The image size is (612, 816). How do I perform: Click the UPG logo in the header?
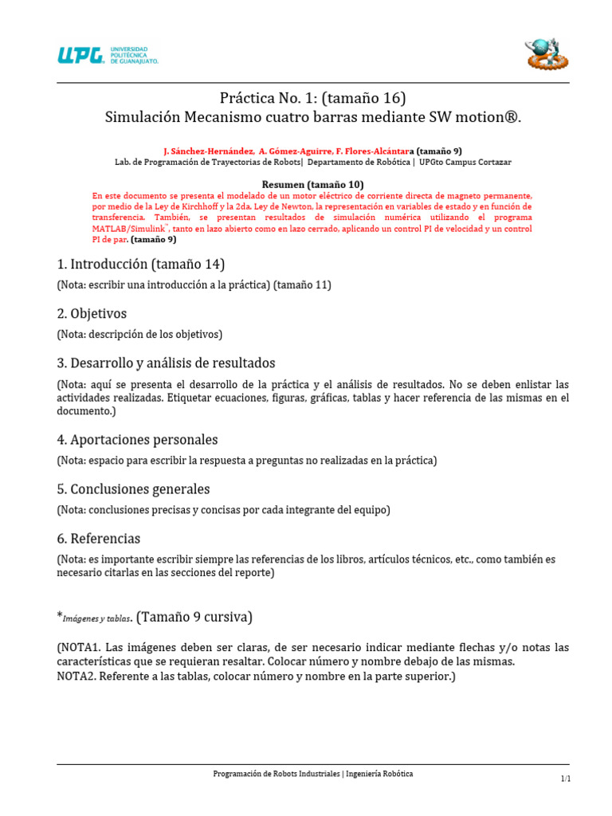[107, 55]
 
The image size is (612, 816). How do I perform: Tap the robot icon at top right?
[547, 53]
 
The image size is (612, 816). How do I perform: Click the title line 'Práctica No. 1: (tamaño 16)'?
[312, 98]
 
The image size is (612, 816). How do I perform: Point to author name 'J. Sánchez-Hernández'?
[209, 151]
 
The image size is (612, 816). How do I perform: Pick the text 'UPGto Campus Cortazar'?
[466, 162]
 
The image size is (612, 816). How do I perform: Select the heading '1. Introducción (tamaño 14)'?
[141, 264]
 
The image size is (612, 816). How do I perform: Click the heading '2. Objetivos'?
[92, 313]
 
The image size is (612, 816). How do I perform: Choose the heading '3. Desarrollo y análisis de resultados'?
[166, 363]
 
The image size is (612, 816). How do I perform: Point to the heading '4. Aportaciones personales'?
[137, 439]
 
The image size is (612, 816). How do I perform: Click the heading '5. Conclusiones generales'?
[133, 488]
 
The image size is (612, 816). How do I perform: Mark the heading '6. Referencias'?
[99, 538]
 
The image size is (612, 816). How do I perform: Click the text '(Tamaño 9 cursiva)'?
[194, 616]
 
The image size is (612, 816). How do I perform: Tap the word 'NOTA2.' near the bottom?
[76, 677]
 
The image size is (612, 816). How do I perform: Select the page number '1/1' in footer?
[565, 779]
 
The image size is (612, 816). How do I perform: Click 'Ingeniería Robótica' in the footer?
[380, 774]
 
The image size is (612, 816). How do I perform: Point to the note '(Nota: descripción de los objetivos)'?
[139, 334]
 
